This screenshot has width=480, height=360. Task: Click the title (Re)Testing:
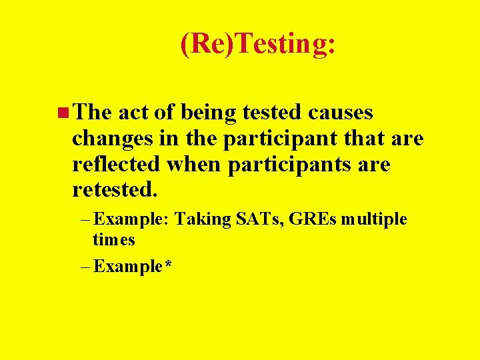point(258,45)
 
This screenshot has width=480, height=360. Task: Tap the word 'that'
point(363,138)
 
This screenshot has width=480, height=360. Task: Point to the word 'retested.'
point(115,190)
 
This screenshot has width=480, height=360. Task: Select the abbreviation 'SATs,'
point(261,220)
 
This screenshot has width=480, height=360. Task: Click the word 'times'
point(114,239)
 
